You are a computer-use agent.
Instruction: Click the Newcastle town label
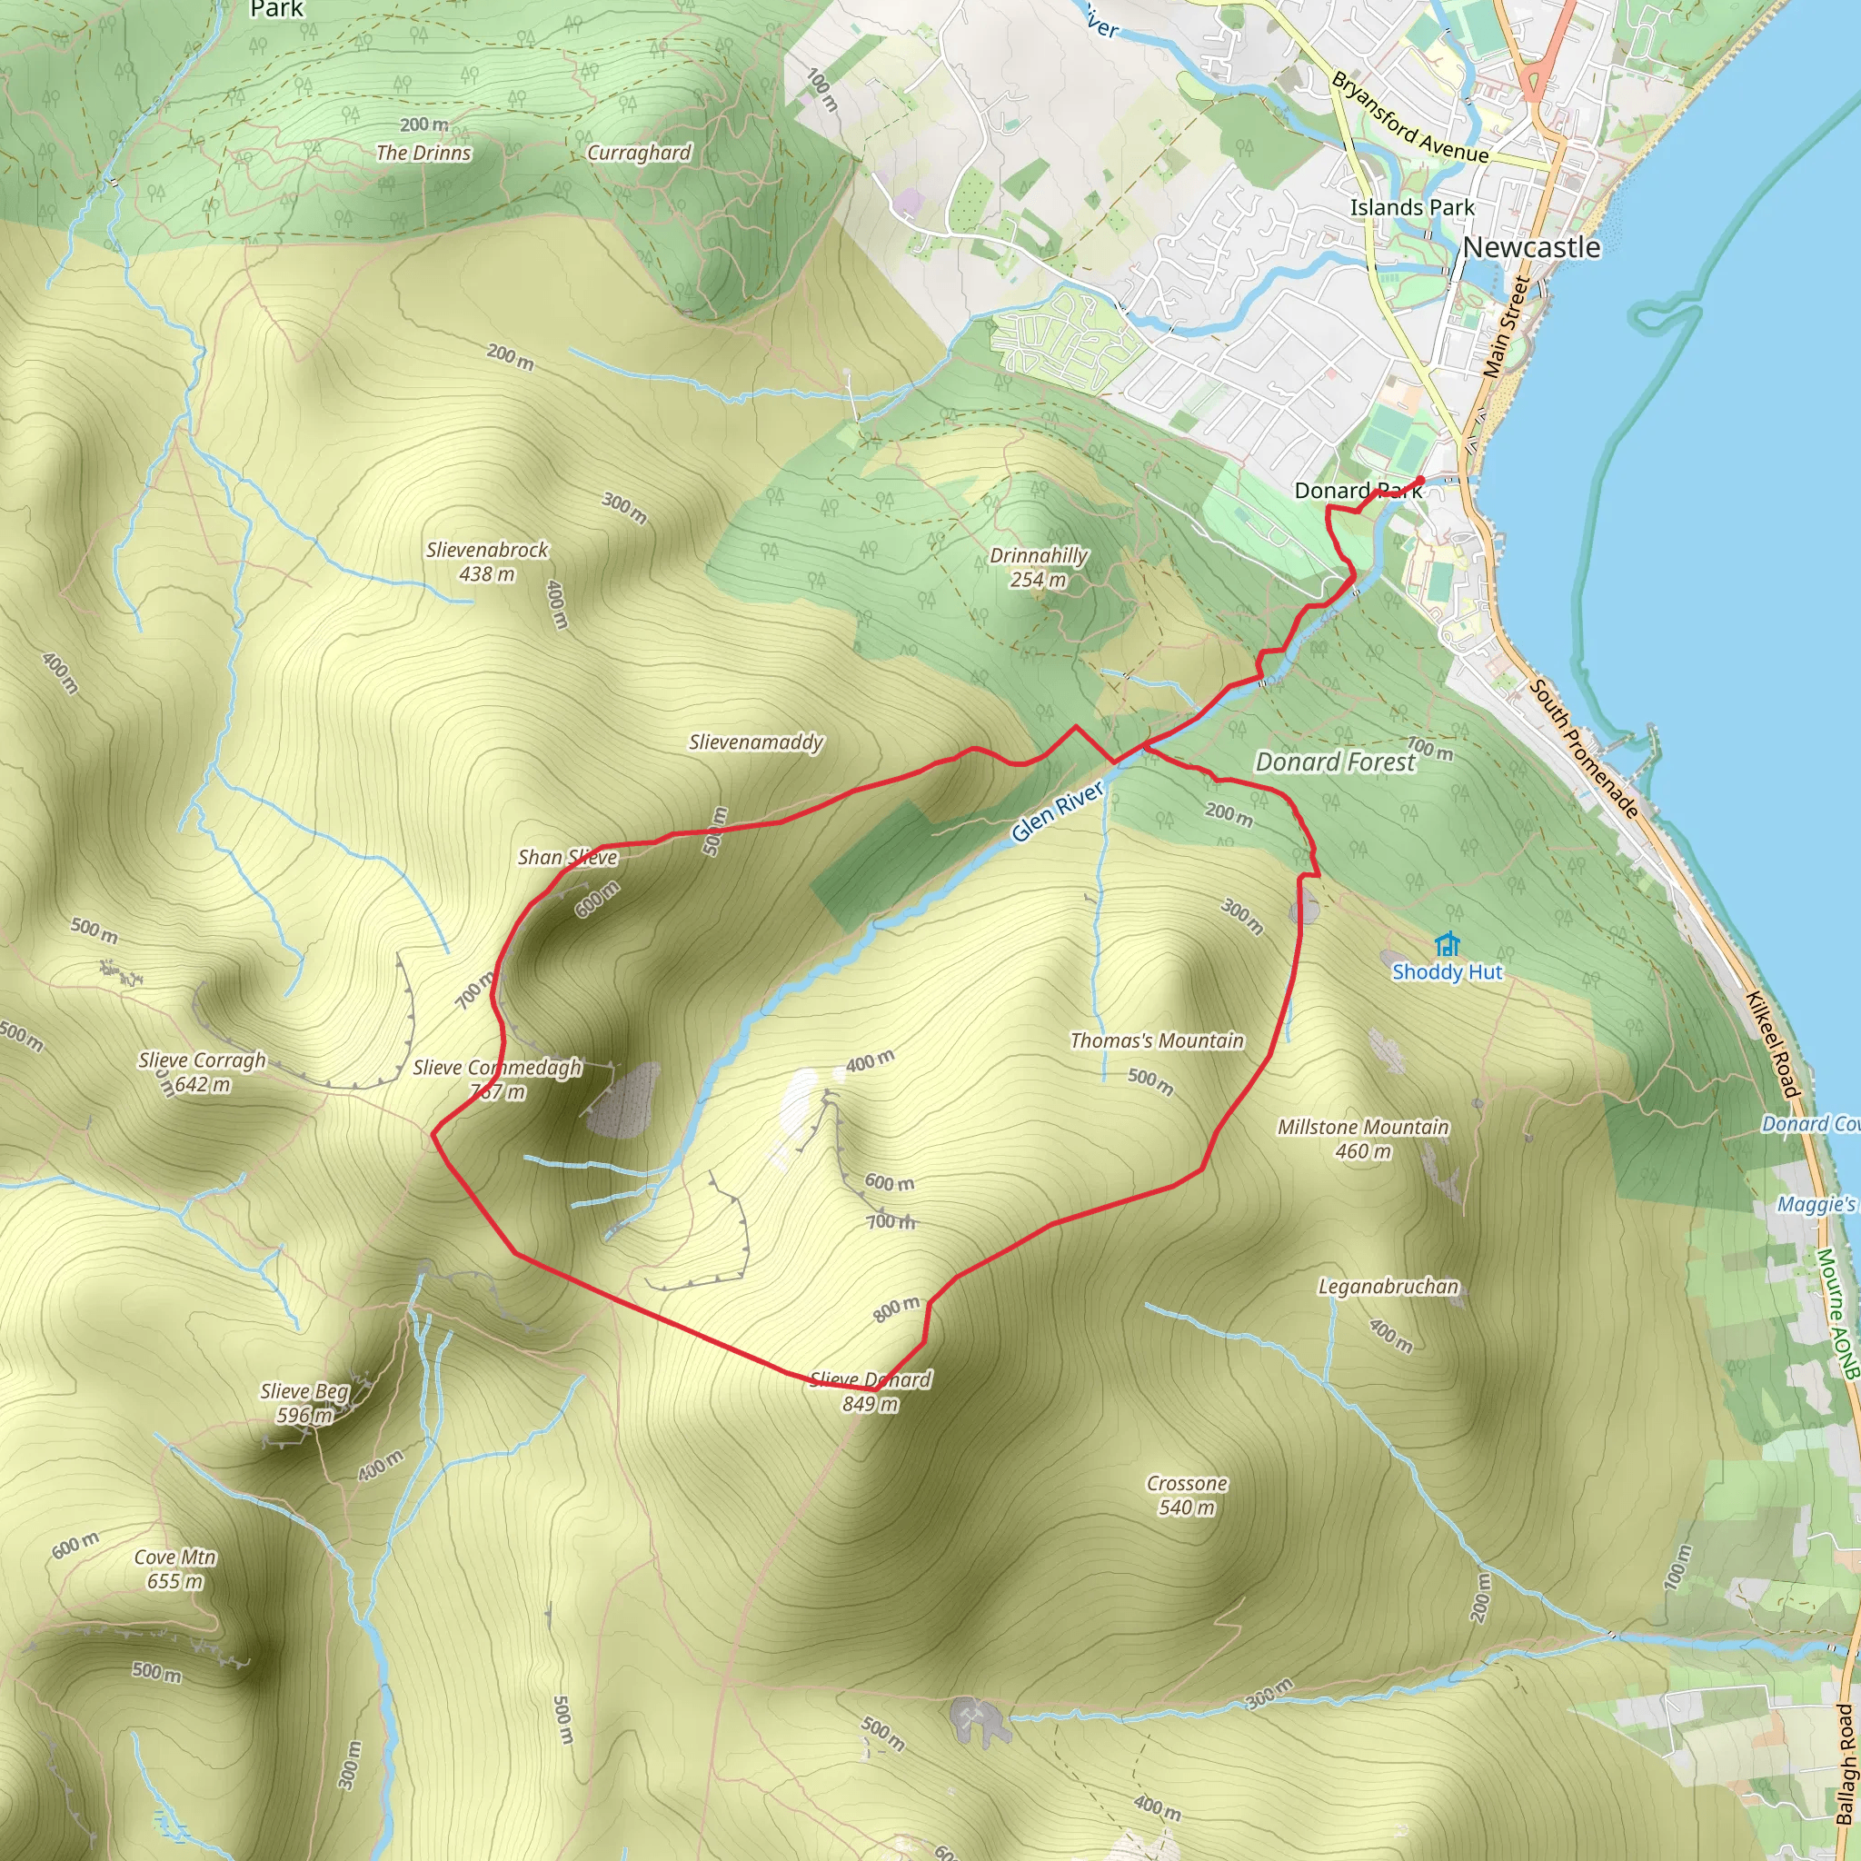pos(1530,247)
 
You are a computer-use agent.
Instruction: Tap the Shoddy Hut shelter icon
pos(1447,944)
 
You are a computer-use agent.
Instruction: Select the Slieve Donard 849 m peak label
pos(871,1392)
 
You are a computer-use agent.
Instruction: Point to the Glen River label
pos(1058,811)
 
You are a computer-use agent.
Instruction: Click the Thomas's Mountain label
pos(1157,1040)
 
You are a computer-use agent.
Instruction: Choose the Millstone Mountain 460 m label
pos(1363,1139)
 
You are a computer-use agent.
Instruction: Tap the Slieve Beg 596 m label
pos(304,1402)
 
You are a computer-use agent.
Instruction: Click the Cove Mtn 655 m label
pos(175,1569)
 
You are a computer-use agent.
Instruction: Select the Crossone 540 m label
pos(1187,1495)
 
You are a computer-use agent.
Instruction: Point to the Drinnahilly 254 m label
pos(1039,567)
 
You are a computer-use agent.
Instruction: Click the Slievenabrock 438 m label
pos(487,562)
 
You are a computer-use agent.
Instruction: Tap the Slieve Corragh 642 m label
pos(203,1072)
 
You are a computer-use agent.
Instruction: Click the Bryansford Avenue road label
pos(1409,117)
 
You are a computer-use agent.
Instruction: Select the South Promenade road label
pos(1584,749)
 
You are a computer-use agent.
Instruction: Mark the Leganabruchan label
pos(1388,1287)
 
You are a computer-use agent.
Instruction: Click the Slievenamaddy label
pos(756,741)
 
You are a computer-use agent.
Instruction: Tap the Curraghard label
pos(640,154)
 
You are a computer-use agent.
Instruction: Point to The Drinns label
pos(423,154)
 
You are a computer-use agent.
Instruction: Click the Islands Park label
pos(1412,207)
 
